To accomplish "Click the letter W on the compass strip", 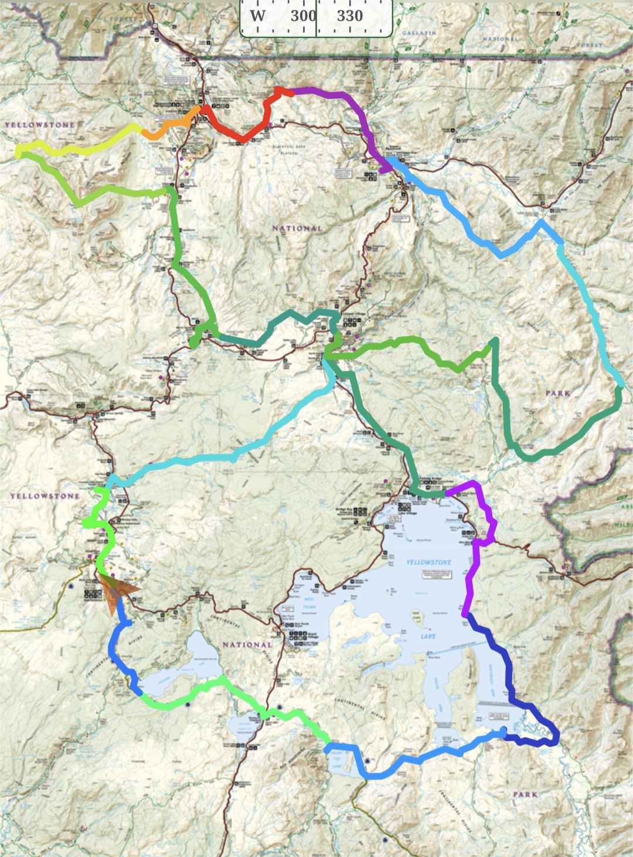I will (x=257, y=16).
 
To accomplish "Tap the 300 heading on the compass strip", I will (x=302, y=16).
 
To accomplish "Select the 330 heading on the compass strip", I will (x=350, y=16).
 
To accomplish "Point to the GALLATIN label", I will (x=419, y=33).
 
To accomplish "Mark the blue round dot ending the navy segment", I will (x=503, y=731).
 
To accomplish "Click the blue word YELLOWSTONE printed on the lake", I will (x=428, y=562).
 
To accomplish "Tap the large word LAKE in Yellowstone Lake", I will (x=428, y=636).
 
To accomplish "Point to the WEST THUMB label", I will (x=309, y=603).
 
